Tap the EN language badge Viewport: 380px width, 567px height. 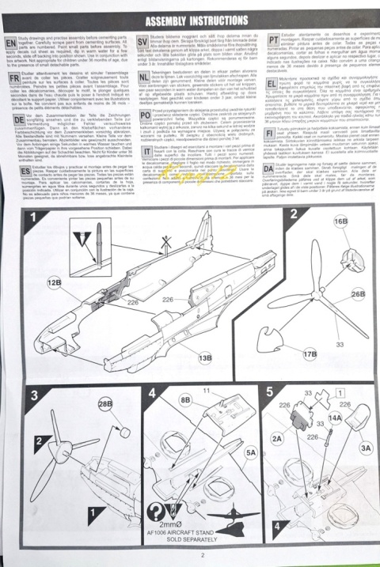pyautogui.click(x=11, y=38)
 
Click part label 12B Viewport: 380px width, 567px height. pyautogui.click(x=55, y=282)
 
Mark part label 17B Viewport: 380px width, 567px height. pyautogui.click(x=310, y=353)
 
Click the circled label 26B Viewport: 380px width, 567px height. pyautogui.click(x=358, y=294)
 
